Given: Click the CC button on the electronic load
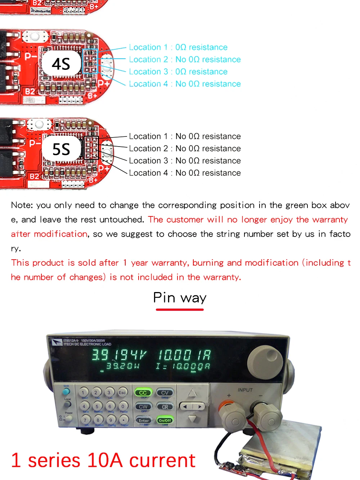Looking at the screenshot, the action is pos(143,393).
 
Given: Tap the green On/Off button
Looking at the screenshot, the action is pos(165,420).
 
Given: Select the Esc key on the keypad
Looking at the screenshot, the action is pos(122,392).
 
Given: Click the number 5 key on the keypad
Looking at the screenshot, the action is pos(97,407).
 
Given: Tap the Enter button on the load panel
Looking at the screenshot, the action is pos(143,420).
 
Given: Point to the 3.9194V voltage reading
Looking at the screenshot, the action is pos(118,355).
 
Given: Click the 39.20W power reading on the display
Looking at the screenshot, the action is pos(122,366).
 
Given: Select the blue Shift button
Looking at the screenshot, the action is pos(66,391).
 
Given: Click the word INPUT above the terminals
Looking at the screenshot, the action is pos(245,390).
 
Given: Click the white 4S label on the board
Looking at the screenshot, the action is pos(61,64).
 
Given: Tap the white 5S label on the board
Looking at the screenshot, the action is pos(61,149).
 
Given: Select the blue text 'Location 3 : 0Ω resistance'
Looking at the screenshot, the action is pos(178,72).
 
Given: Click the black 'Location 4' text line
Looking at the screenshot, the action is pos(185,173).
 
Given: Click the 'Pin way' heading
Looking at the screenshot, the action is pos(180,298).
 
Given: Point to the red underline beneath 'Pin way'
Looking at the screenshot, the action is pos(180,309).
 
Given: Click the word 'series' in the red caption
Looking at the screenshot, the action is pos(54,461).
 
